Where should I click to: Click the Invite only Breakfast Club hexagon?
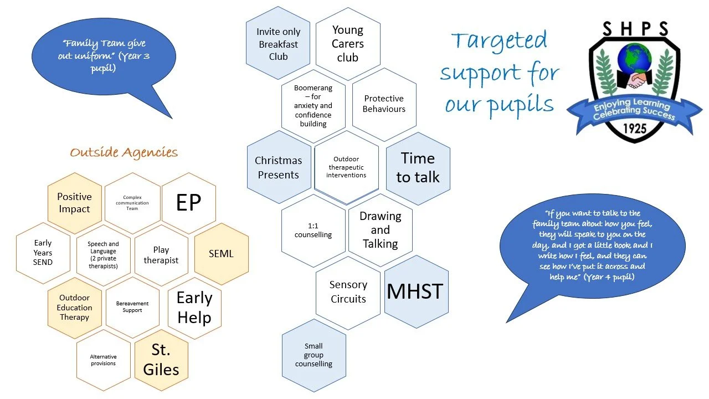[x=278, y=44]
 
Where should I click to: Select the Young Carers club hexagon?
[x=348, y=44]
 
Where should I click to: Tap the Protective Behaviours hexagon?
[x=384, y=104]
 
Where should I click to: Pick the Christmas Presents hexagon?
[x=279, y=167]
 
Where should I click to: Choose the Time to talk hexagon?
[x=418, y=167]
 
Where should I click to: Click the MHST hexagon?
[x=415, y=291]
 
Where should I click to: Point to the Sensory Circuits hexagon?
[x=348, y=292]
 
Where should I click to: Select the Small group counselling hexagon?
[x=314, y=355]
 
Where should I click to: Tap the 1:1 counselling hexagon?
[x=314, y=230]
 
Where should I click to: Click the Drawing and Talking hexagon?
[x=380, y=230]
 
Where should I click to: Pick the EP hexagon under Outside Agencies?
[x=188, y=203]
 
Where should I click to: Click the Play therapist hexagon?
[x=161, y=255]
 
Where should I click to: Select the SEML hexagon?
[x=221, y=254]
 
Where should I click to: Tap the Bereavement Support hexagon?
[x=132, y=307]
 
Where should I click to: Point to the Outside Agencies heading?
[x=124, y=152]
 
